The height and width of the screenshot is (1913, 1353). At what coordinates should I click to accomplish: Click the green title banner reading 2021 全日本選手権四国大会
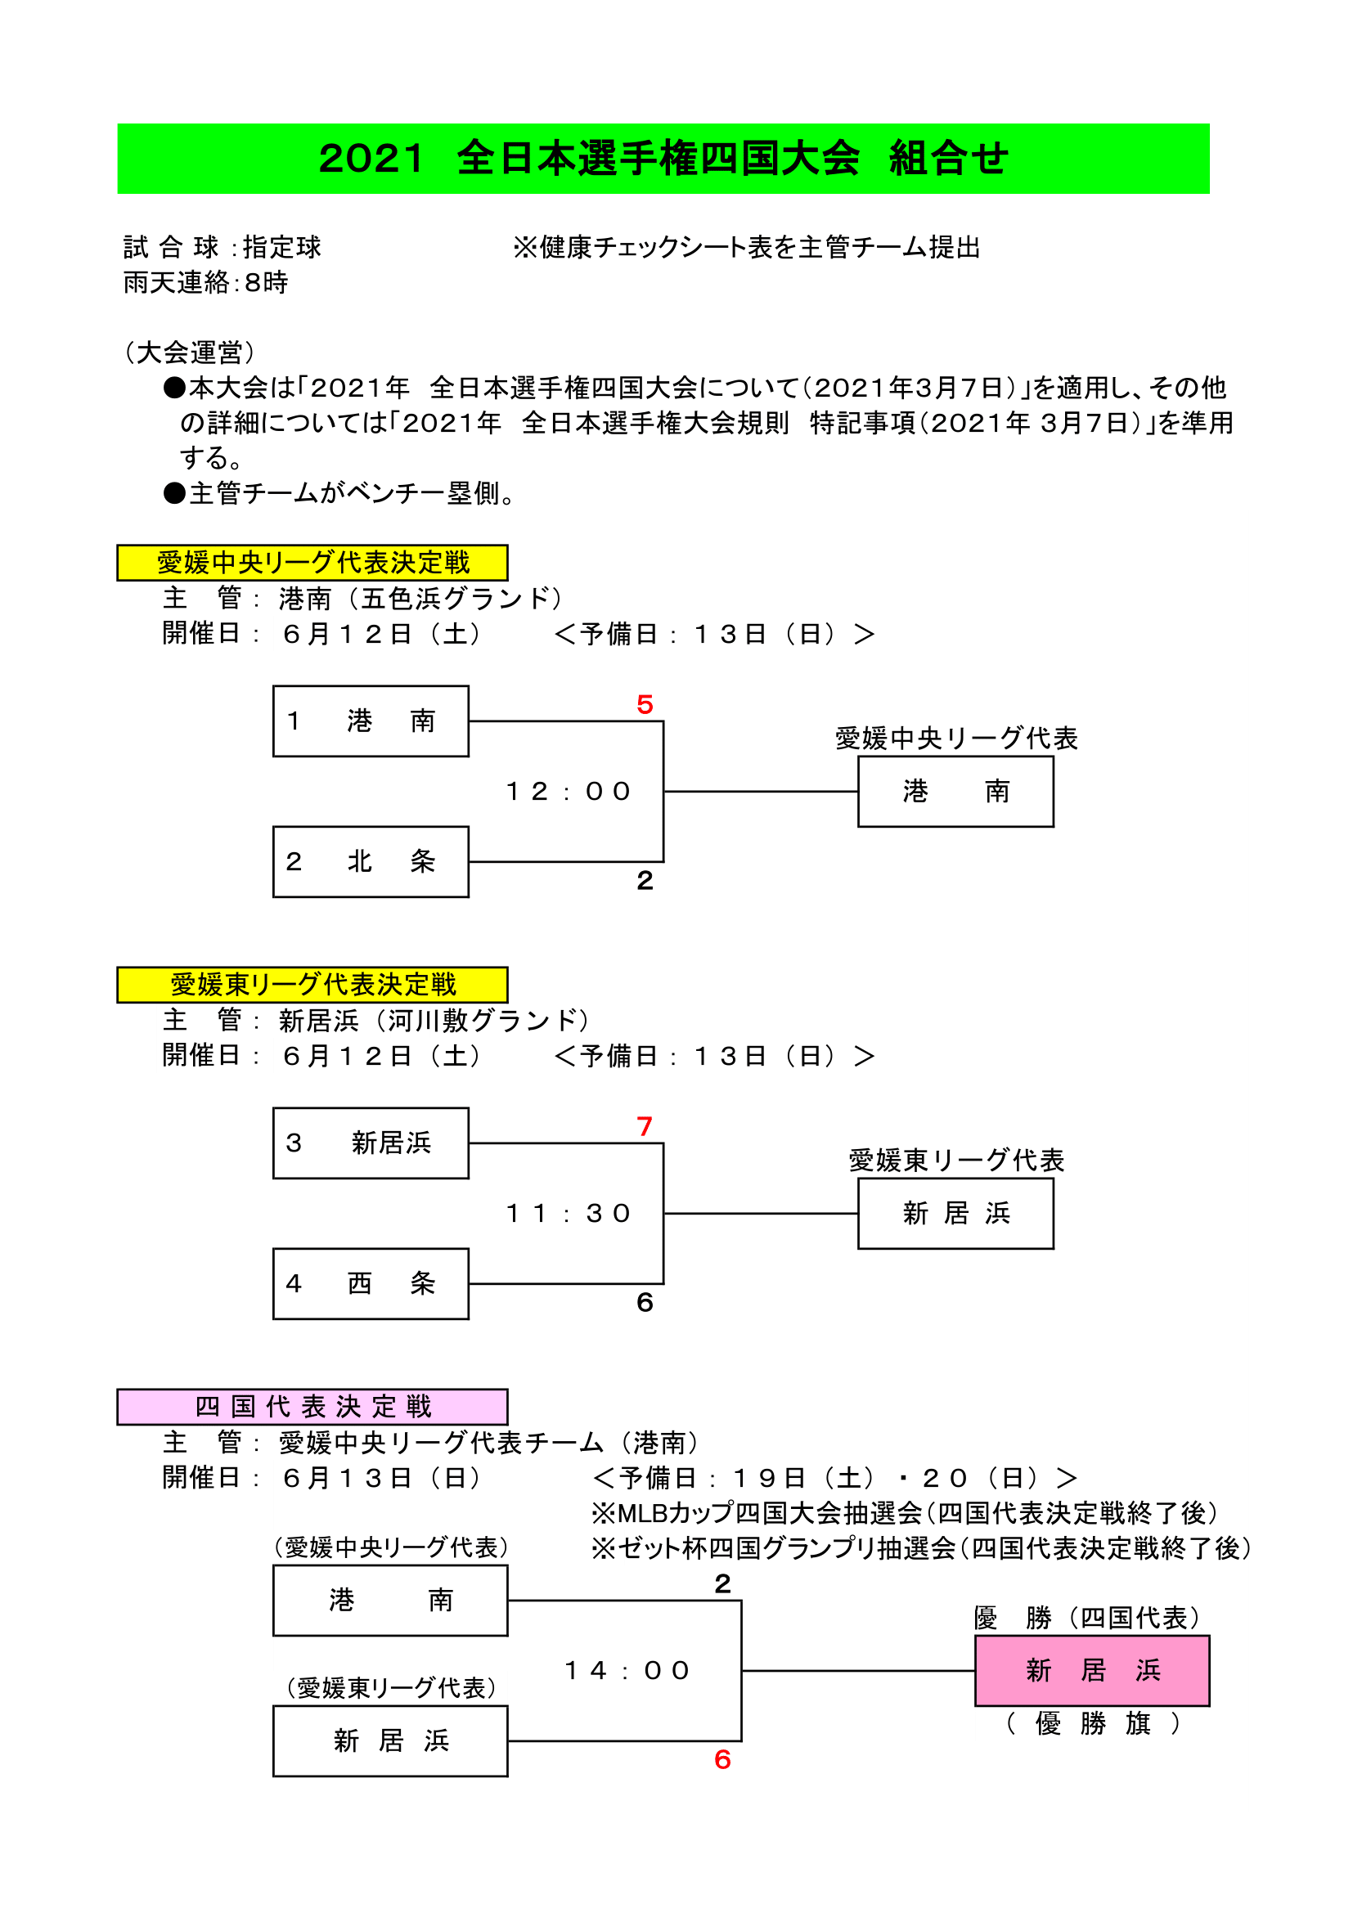click(x=663, y=159)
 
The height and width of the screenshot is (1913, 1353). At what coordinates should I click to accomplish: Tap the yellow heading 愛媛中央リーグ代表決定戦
click(x=312, y=563)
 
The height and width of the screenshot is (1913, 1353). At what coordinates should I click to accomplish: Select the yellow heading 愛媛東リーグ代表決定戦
click(x=312, y=984)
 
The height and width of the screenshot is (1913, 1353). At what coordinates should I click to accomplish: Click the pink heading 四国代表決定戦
click(x=312, y=1407)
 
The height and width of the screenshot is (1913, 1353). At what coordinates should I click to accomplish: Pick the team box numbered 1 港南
click(x=371, y=721)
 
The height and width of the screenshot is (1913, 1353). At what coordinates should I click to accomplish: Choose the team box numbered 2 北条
click(x=371, y=861)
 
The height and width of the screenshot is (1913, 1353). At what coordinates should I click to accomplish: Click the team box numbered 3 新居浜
click(x=371, y=1143)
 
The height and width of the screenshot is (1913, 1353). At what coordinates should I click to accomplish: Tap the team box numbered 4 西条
click(x=371, y=1283)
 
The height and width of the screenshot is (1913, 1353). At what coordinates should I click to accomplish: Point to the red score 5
click(x=645, y=705)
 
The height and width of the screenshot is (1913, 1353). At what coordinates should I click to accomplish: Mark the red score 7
click(x=645, y=1126)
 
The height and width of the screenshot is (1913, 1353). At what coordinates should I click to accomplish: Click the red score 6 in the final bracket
click(x=722, y=1759)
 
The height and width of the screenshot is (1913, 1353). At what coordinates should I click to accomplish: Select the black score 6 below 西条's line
click(x=645, y=1302)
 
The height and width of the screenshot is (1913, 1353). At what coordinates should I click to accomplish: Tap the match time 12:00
click(x=569, y=791)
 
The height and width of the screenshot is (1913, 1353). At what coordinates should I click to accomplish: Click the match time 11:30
click(x=569, y=1213)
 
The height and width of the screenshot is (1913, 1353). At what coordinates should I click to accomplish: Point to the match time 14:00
click(x=627, y=1670)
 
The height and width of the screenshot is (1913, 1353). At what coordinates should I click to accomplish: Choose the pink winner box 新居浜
click(x=1091, y=1670)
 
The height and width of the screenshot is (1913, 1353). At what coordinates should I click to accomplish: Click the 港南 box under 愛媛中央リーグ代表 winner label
click(x=955, y=791)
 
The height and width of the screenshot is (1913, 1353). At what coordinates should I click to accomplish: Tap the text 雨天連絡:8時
click(x=206, y=282)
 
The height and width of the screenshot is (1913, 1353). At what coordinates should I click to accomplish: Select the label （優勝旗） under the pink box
click(x=1091, y=1722)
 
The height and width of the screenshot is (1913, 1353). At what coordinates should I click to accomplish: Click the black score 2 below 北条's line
click(x=645, y=881)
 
